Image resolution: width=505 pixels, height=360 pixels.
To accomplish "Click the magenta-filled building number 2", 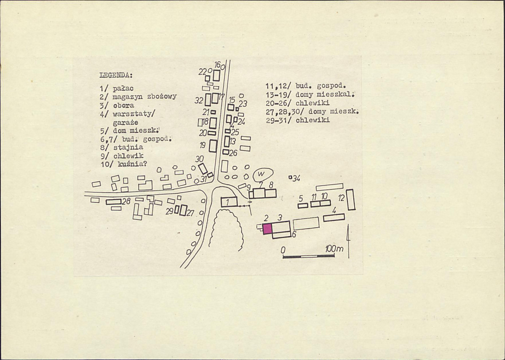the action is click(x=267, y=228).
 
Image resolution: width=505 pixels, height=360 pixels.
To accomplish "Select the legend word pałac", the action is click(x=123, y=88).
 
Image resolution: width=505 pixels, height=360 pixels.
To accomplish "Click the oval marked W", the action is click(x=263, y=175).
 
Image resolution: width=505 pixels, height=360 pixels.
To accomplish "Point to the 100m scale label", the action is click(x=334, y=249).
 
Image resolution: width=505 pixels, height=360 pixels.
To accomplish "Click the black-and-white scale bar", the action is click(x=309, y=256).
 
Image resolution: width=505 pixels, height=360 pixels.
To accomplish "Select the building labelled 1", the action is click(x=229, y=202).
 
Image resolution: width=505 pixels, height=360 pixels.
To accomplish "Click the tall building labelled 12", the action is click(x=351, y=200).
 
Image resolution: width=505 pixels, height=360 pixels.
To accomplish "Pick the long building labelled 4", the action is click(x=334, y=218).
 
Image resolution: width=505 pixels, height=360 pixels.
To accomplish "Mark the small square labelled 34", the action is click(x=290, y=177).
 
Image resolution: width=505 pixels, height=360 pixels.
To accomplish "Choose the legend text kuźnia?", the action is click(x=132, y=164).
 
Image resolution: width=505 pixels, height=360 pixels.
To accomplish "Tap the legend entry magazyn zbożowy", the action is click(x=144, y=97).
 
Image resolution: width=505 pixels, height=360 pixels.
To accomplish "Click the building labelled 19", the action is click(x=213, y=146).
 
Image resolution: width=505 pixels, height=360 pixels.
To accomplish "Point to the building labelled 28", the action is click(x=114, y=202).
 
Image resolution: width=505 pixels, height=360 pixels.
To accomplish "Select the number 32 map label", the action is click(x=199, y=101).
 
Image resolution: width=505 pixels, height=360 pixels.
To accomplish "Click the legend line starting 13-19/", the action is click(x=310, y=95).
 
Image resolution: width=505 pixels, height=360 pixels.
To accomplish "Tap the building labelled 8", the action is click(x=270, y=193).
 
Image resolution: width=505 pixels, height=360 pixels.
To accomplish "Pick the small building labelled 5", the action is click(x=303, y=206).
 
